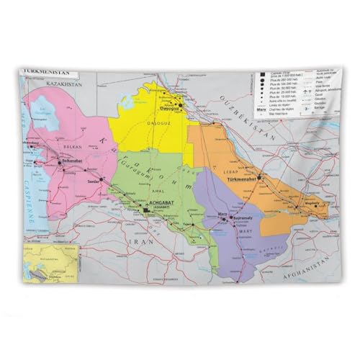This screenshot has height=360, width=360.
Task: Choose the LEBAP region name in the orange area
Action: click(249, 172)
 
